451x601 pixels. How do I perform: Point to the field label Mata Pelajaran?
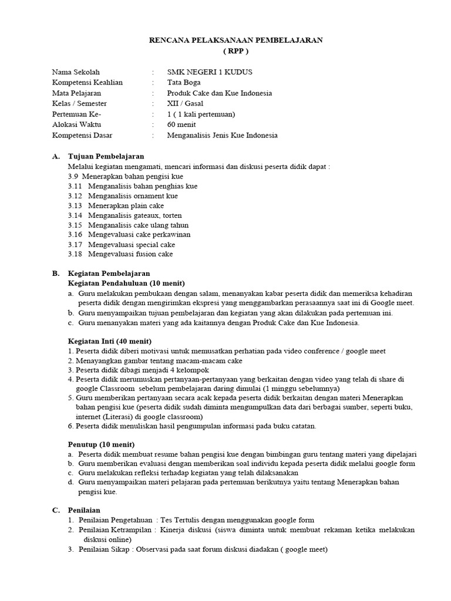(x=76, y=93)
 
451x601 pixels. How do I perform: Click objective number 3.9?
(x=73, y=176)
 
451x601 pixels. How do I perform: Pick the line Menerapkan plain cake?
(x=126, y=205)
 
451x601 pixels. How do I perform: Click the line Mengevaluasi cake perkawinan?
(x=139, y=234)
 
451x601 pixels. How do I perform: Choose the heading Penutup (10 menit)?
(x=101, y=444)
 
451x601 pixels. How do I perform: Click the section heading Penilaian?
(x=84, y=511)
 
